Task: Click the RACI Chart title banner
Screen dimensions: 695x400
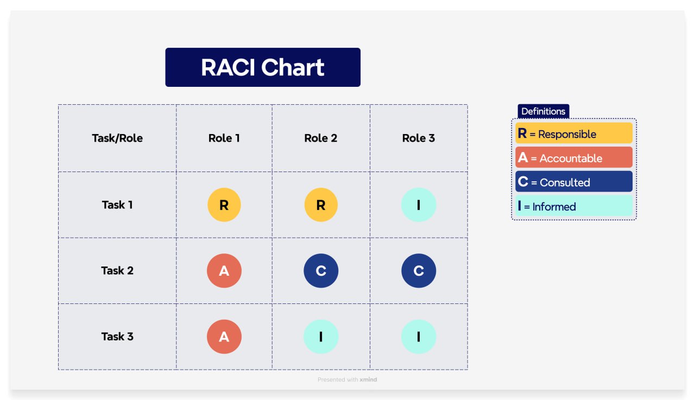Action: [x=263, y=67]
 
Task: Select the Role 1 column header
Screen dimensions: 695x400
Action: [x=224, y=138]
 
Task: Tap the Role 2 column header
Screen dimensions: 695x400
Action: [x=320, y=138]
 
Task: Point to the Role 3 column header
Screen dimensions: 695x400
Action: [x=419, y=138]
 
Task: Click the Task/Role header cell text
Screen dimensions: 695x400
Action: [x=117, y=138]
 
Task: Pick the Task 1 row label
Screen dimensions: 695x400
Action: [x=117, y=205]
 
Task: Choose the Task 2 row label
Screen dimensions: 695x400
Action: [x=117, y=270]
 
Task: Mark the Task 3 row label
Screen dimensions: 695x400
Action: [x=117, y=336]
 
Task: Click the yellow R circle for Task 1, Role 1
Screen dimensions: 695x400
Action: [x=224, y=205]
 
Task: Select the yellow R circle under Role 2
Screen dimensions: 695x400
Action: [x=321, y=205]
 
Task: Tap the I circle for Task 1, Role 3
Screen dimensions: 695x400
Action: [x=419, y=205]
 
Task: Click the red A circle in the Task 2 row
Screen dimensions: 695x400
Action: [x=224, y=271]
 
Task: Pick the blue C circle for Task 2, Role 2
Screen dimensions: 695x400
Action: [x=321, y=271]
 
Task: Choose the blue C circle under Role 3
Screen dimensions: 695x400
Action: [x=419, y=271]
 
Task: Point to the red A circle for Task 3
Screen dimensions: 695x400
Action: [x=224, y=336]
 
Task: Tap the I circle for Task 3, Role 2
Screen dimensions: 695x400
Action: [x=321, y=336]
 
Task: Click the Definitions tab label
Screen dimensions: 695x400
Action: [x=544, y=111]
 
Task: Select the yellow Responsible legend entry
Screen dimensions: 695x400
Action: [x=574, y=133]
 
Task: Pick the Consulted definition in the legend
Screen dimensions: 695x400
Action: [x=574, y=181]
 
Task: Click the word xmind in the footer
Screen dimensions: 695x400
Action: [x=368, y=379]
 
